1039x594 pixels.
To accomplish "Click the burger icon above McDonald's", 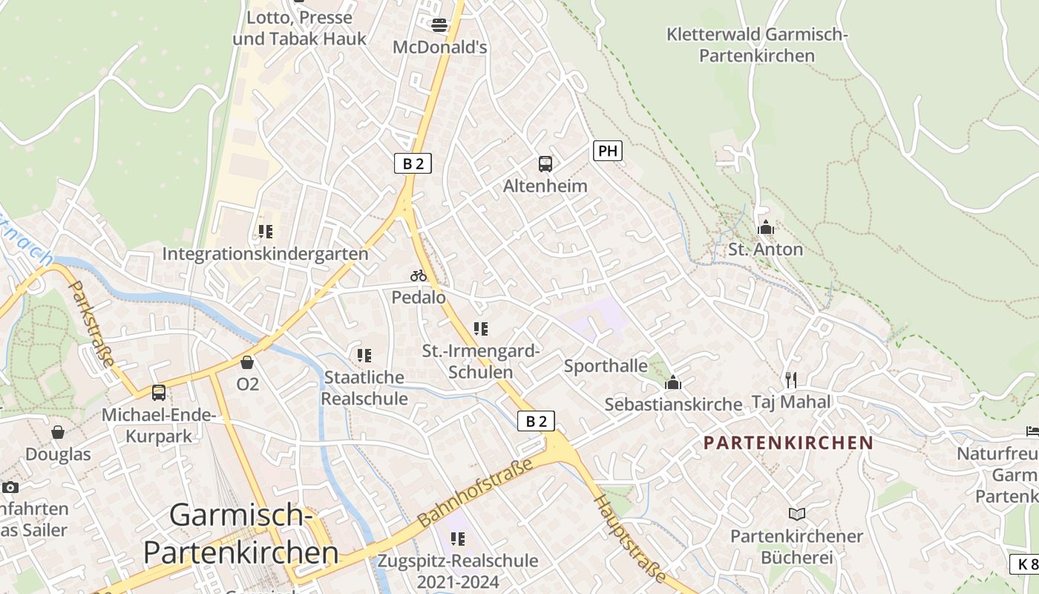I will (439, 25).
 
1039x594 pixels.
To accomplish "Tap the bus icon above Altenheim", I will (545, 163).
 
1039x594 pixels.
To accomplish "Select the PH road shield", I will (607, 151).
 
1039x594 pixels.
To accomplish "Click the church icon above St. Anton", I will (765, 227).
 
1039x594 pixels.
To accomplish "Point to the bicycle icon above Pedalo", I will (419, 275).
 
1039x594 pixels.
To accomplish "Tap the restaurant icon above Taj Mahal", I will (791, 380).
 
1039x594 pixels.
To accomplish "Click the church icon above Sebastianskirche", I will (673, 382).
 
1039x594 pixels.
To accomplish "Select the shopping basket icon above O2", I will (247, 362).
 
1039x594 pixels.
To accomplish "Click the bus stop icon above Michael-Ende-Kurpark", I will (159, 393).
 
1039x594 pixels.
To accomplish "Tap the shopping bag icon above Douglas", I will (58, 432).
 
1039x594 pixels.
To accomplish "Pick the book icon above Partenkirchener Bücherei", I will (796, 514).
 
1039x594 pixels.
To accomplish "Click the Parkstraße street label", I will (92, 323).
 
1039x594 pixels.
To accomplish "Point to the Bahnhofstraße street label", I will (476, 492).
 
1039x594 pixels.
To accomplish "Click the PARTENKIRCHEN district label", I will (788, 443).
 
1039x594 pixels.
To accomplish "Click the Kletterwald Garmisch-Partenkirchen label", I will (757, 45).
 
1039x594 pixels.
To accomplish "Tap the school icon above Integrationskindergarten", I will (265, 232).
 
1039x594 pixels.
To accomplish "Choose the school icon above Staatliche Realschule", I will (364, 356).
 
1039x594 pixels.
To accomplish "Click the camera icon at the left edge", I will (10, 487).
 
